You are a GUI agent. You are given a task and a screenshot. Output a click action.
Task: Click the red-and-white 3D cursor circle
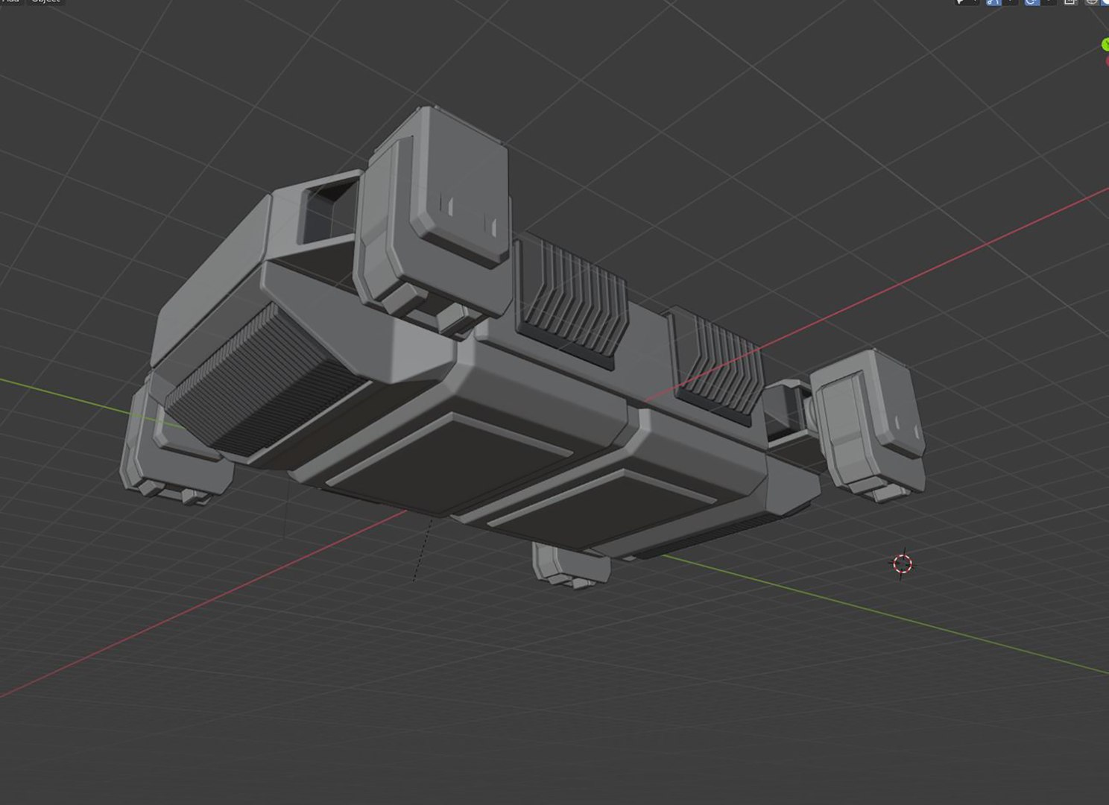(x=902, y=564)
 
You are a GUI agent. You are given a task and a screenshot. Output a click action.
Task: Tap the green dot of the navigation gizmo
(x=1105, y=45)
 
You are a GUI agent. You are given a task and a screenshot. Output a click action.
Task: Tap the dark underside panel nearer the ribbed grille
(x=447, y=462)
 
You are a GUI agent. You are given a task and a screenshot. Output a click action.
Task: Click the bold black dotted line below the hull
(x=423, y=552)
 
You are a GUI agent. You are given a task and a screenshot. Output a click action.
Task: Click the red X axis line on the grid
(x=186, y=611)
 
